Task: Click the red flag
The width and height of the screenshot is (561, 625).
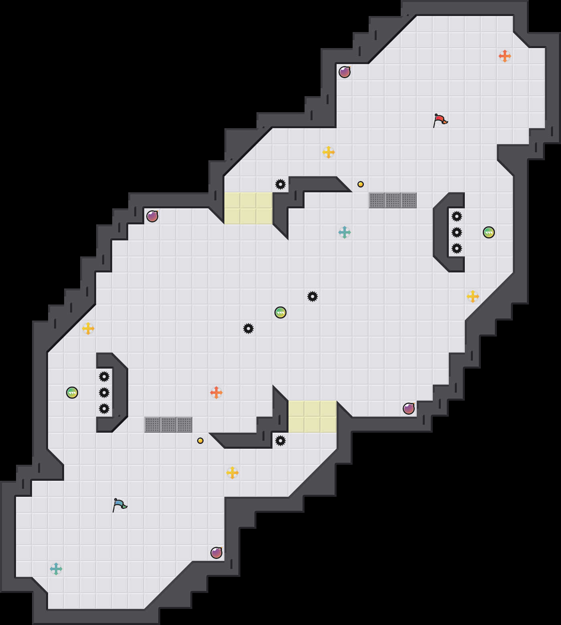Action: pyautogui.click(x=440, y=120)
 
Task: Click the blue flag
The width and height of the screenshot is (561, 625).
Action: pyautogui.click(x=119, y=505)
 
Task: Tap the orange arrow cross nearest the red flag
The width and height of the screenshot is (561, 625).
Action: pyautogui.click(x=505, y=56)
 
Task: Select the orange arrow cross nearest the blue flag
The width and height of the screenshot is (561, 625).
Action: pyautogui.click(x=216, y=393)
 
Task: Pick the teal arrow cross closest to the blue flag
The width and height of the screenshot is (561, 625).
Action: pyautogui.click(x=56, y=569)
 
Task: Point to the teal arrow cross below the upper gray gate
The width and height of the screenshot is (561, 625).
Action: pyautogui.click(x=345, y=232)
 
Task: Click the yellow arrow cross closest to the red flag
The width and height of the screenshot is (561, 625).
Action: pyautogui.click(x=329, y=152)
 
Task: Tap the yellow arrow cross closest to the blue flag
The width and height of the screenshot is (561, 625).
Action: pyautogui.click(x=232, y=473)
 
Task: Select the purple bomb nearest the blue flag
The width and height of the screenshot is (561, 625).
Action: pyautogui.click(x=216, y=553)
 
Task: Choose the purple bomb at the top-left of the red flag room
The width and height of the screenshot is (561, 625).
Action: pyautogui.click(x=345, y=72)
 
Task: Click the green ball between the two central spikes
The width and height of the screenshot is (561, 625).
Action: pyautogui.click(x=280, y=312)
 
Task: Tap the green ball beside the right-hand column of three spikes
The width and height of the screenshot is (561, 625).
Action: pyautogui.click(x=489, y=232)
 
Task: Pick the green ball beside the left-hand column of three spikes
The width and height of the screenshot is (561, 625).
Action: pyautogui.click(x=72, y=393)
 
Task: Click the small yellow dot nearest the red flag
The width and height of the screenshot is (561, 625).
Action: pyautogui.click(x=361, y=184)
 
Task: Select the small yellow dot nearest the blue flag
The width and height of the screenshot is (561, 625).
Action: pyautogui.click(x=200, y=441)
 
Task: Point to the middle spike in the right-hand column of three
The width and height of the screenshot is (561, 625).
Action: pyautogui.click(x=457, y=232)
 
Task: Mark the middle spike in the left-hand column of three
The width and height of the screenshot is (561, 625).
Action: pyautogui.click(x=104, y=393)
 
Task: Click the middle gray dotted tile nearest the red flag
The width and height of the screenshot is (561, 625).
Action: pyautogui.click(x=393, y=200)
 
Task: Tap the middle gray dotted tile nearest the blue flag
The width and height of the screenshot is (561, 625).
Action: pyautogui.click(x=168, y=425)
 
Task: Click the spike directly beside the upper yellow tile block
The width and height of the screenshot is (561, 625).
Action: pyautogui.click(x=280, y=184)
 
